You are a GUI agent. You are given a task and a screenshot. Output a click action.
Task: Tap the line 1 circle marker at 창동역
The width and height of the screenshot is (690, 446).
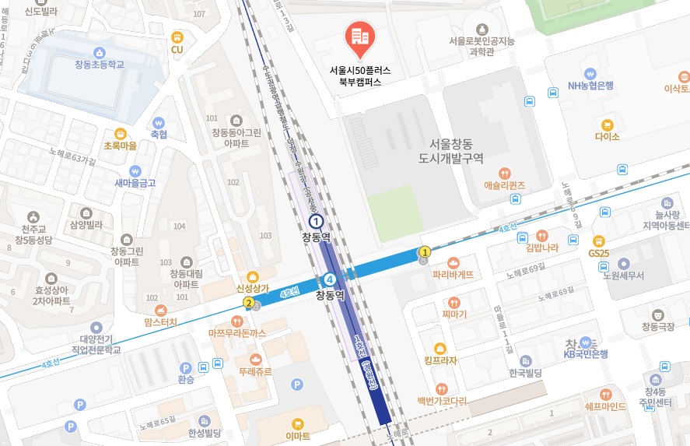click(x=316, y=222)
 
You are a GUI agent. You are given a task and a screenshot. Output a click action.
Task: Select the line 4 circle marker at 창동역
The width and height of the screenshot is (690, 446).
click(x=331, y=279)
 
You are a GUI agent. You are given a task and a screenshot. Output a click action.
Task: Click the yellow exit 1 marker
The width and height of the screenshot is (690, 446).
click(x=425, y=251)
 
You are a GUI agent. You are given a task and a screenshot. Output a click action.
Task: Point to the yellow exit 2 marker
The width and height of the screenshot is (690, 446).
click(x=249, y=303)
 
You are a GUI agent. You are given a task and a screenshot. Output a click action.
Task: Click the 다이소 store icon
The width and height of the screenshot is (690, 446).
click(x=607, y=124)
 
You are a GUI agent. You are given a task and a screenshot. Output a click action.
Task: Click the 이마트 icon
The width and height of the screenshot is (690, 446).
click(x=297, y=424)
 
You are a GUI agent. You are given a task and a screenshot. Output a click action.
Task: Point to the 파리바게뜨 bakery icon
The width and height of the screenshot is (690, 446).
click(x=453, y=262)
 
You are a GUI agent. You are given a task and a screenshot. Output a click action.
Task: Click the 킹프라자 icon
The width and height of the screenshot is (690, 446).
click(x=440, y=348)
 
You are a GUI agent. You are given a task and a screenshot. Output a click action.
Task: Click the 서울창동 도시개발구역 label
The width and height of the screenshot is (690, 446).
click(x=456, y=151)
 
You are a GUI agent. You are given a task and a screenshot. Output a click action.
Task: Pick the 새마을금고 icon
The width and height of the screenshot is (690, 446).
click(x=135, y=170)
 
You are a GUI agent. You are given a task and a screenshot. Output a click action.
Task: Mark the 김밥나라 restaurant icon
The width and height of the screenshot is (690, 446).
click(x=542, y=235)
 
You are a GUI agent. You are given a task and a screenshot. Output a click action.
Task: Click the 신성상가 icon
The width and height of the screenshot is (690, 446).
click(x=252, y=276)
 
